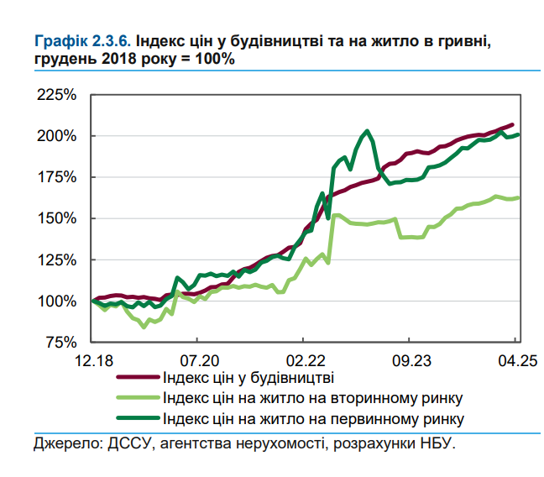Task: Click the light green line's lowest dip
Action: [144, 327]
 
